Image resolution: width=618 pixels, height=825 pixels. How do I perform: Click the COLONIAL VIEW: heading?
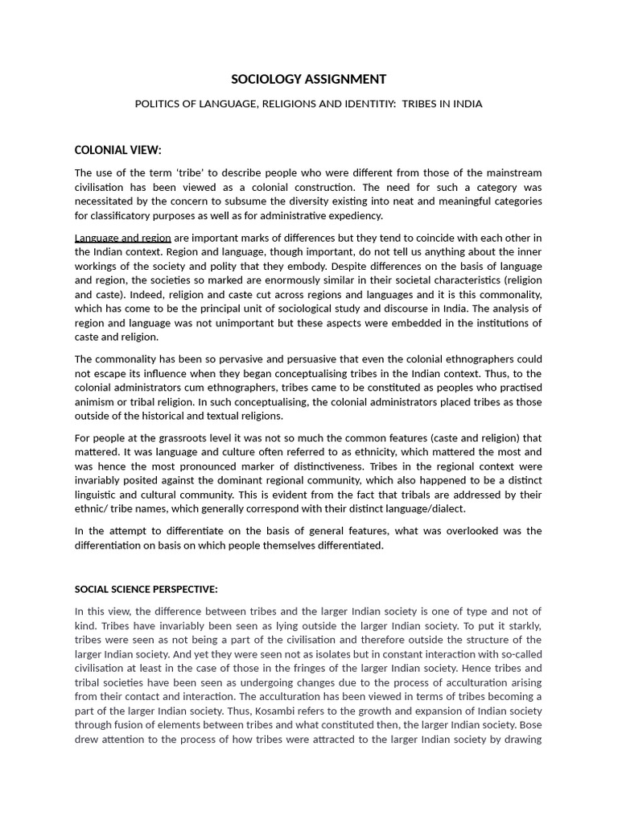tap(117, 150)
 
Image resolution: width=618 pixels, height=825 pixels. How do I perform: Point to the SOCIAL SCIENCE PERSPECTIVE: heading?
tap(146, 589)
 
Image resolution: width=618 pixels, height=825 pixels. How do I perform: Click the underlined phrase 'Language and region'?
tap(122, 238)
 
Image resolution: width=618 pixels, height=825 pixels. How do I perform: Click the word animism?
tap(94, 402)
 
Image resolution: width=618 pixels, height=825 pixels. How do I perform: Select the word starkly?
tap(521, 626)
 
